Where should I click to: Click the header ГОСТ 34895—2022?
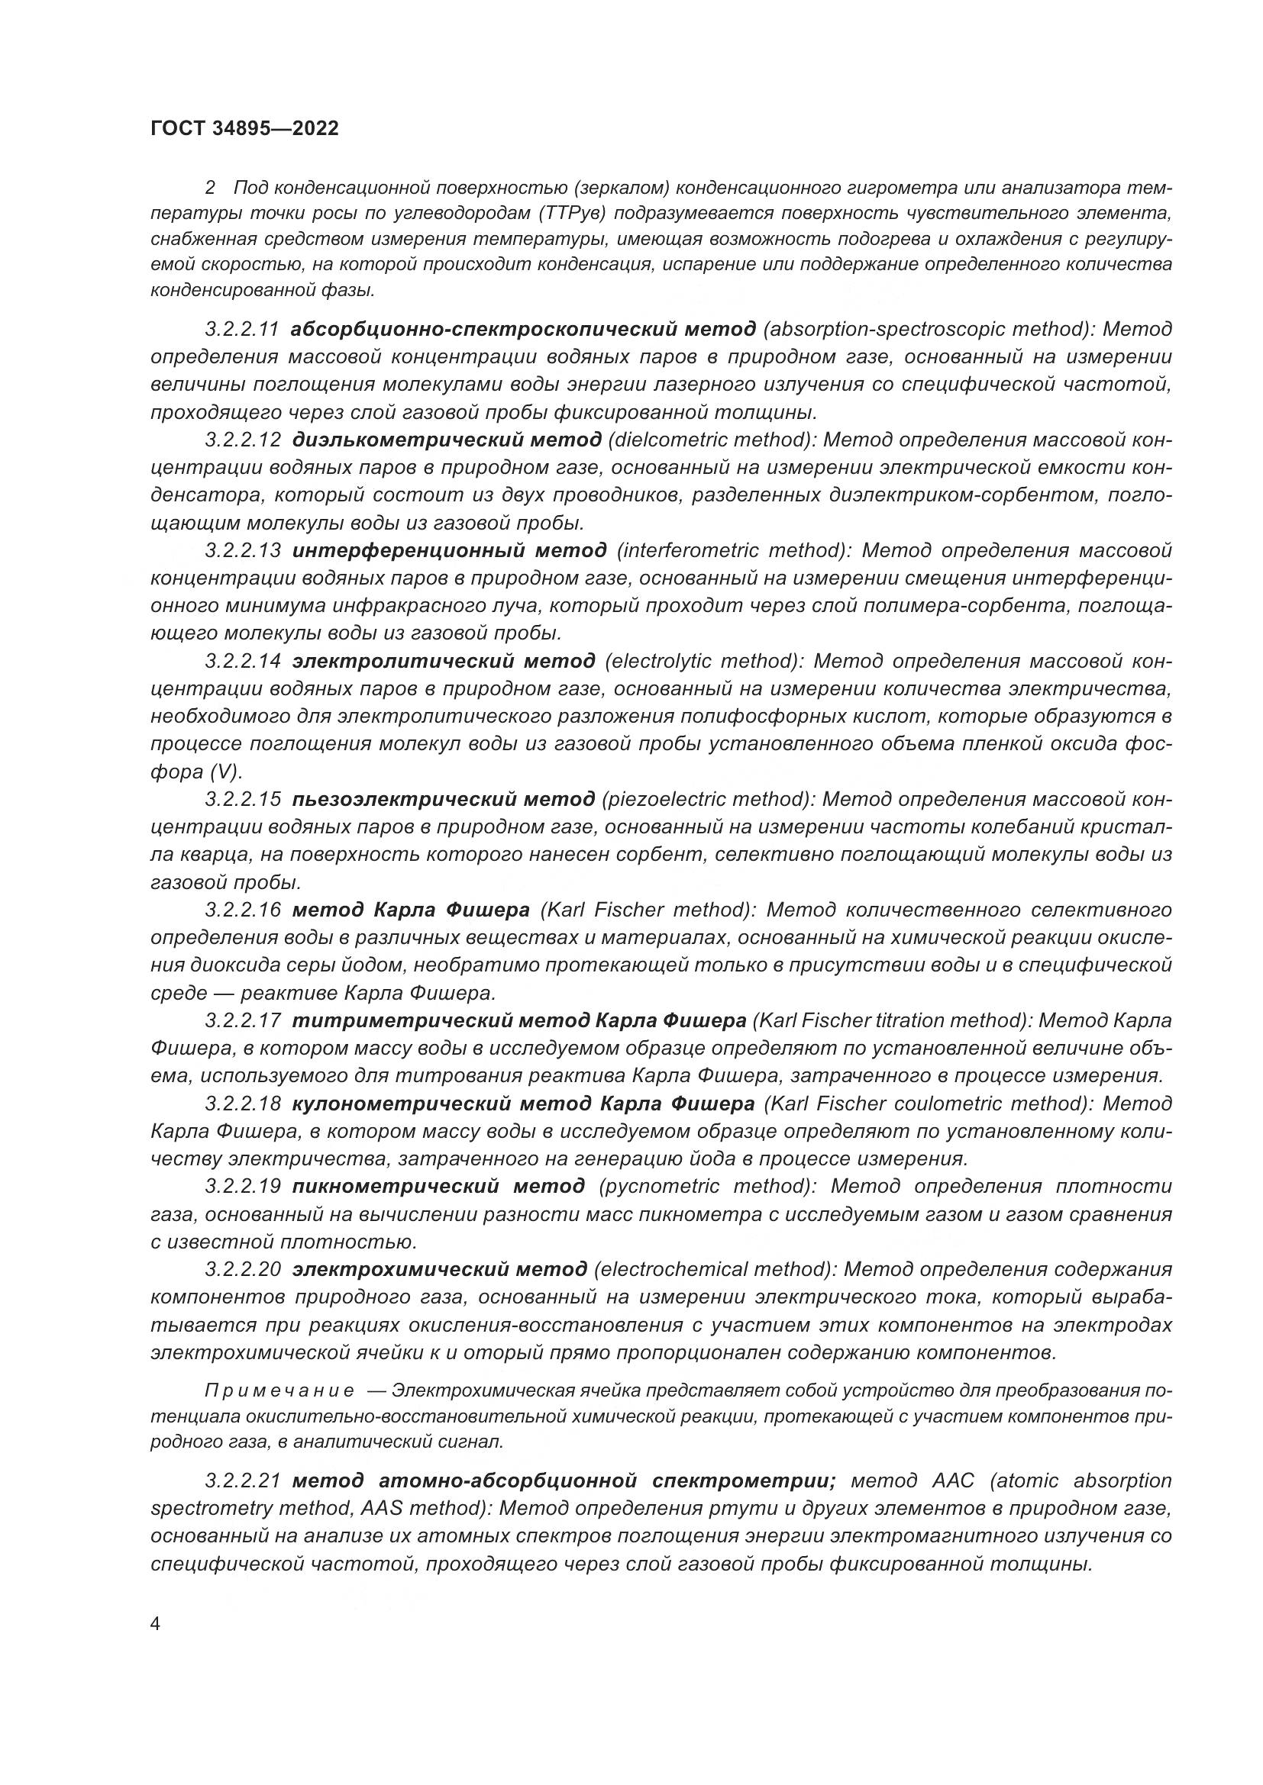(245, 129)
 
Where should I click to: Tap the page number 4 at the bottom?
(154, 1623)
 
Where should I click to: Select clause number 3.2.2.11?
(242, 329)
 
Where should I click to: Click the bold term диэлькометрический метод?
(447, 440)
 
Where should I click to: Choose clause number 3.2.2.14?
(242, 661)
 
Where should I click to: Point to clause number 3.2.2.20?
(242, 1270)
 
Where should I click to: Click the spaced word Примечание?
(280, 1391)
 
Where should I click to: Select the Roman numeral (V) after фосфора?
(225, 772)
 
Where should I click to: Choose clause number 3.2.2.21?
(242, 1481)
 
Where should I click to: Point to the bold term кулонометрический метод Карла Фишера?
(523, 1104)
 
